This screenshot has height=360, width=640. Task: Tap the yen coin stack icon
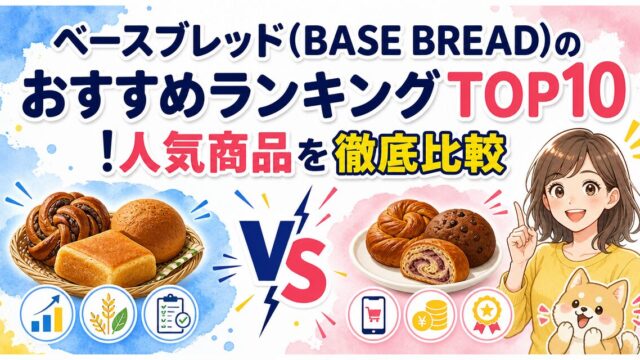(x=430, y=315)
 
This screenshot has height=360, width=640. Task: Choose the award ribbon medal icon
(x=487, y=315)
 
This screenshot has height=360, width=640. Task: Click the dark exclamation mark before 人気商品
(x=107, y=155)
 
